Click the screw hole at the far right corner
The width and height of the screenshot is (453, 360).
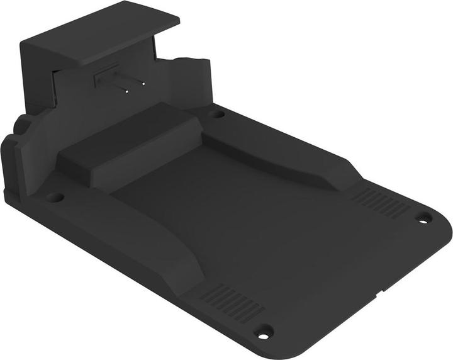[x=423, y=218]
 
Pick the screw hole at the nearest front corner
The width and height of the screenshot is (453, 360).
[x=265, y=330]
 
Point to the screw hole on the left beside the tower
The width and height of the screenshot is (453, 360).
[x=55, y=197]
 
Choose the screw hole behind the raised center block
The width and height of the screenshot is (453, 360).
[x=218, y=114]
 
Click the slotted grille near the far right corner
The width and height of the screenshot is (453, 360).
[x=380, y=203]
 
